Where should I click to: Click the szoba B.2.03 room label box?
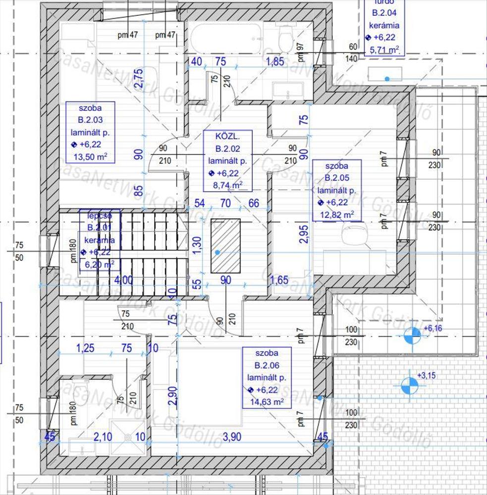click(x=90, y=132)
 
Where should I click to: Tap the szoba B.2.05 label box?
click(x=336, y=190)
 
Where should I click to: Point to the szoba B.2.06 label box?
click(x=267, y=377)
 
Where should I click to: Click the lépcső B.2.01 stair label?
click(x=99, y=239)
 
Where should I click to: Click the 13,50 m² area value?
click(x=90, y=157)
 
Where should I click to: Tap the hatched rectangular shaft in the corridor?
click(x=225, y=246)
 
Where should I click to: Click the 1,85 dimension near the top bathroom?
click(x=275, y=62)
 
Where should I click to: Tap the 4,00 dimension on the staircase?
click(x=123, y=280)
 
